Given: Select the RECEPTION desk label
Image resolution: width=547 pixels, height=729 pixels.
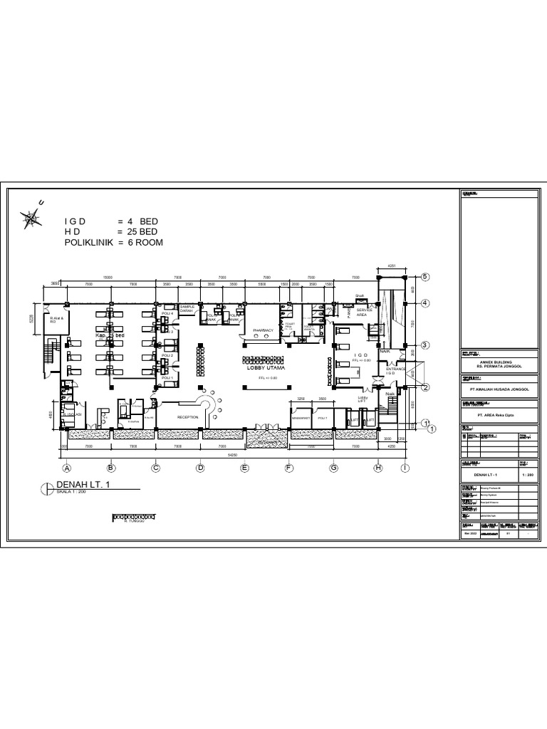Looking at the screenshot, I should [187, 417].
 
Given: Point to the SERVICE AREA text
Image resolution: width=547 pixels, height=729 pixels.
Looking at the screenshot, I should [364, 312].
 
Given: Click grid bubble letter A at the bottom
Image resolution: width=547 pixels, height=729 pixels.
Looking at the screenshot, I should [67, 468].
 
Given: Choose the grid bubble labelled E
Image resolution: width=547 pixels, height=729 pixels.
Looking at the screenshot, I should [244, 468].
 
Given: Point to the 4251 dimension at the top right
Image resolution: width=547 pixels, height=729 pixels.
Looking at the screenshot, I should [391, 267].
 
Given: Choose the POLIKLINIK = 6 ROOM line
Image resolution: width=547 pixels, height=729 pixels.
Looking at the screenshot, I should [114, 243].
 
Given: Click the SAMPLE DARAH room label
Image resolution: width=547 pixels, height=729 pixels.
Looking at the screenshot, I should [187, 309].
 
